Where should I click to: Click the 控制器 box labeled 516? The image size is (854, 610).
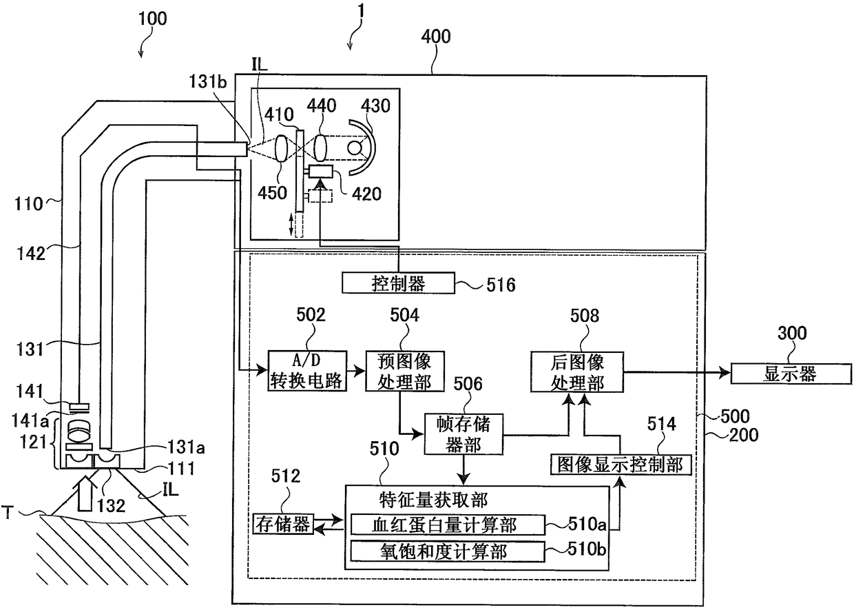[x=398, y=283]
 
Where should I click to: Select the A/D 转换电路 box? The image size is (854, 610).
[x=307, y=371]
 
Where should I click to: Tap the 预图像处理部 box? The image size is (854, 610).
[x=405, y=372]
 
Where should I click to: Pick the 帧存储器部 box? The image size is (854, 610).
[x=464, y=434]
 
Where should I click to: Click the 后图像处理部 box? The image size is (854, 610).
[x=577, y=372]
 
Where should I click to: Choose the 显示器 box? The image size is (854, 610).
[x=791, y=374]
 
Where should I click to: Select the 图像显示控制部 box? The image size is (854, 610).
[x=621, y=465]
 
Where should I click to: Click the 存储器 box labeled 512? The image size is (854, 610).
[x=283, y=524]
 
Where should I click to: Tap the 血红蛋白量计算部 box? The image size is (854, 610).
[x=448, y=525]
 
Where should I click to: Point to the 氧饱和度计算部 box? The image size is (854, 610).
[x=448, y=551]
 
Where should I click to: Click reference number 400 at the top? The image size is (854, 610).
[x=436, y=37]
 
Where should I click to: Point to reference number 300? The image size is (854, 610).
[x=792, y=333]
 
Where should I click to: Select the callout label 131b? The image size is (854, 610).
[x=208, y=81]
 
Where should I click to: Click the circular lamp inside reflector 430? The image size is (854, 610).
[x=355, y=148]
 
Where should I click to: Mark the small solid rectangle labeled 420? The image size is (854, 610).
[x=321, y=171]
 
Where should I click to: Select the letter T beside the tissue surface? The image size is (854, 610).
[x=8, y=512]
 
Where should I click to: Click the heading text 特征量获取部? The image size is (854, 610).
[x=433, y=500]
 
